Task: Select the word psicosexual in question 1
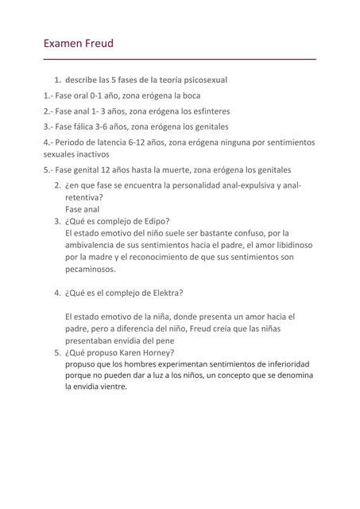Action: tap(203, 80)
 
